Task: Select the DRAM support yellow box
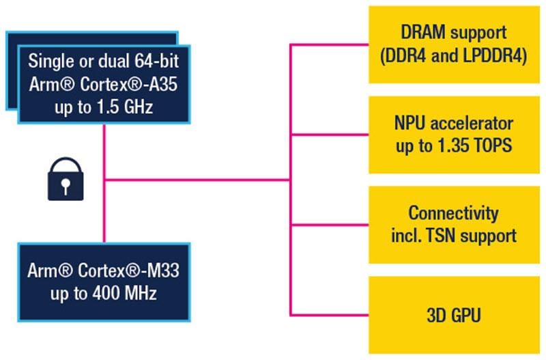(453, 45)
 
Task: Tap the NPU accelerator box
(453, 135)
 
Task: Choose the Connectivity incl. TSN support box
(453, 225)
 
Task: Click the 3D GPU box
(453, 315)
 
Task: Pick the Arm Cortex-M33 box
(104, 281)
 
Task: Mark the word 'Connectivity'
(453, 213)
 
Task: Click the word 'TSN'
(450, 236)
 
